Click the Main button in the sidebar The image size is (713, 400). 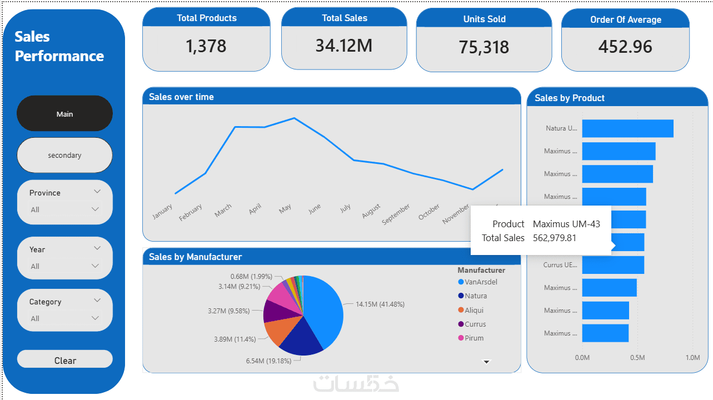[x=64, y=114]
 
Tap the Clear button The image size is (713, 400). [x=65, y=361]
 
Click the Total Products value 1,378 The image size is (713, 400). [x=206, y=46]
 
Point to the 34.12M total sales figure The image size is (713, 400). [x=344, y=45]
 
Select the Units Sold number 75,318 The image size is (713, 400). [x=484, y=47]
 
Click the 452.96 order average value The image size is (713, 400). [x=625, y=47]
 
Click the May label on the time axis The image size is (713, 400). [x=285, y=208]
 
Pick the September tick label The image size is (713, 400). [x=396, y=214]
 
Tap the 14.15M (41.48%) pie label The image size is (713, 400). [x=380, y=304]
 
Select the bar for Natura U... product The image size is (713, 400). [x=627, y=128]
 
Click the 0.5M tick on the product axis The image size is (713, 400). [x=637, y=358]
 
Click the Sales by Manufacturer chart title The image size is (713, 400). [x=196, y=257]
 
